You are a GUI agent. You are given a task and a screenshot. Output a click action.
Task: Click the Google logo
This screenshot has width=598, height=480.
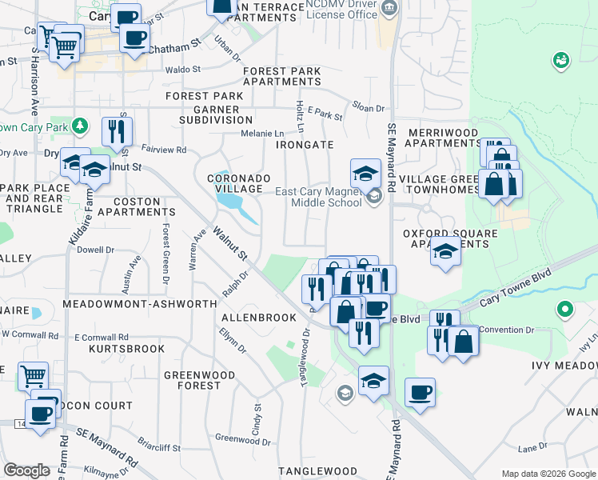point(28,470)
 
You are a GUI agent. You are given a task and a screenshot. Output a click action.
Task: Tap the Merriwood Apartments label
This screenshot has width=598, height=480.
point(442,138)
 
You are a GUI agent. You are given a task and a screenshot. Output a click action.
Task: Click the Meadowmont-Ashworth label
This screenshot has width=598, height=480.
point(139,305)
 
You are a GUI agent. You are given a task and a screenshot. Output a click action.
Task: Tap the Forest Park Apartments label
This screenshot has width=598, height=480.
point(281,77)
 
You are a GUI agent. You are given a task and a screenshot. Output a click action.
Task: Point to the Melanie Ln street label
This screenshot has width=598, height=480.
point(263,134)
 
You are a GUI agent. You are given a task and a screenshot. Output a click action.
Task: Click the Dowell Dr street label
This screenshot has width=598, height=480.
point(95,249)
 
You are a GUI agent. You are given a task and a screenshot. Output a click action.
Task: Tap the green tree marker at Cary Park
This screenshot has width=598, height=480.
point(79,126)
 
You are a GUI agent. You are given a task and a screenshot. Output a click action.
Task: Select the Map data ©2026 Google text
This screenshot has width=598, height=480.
point(548,474)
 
